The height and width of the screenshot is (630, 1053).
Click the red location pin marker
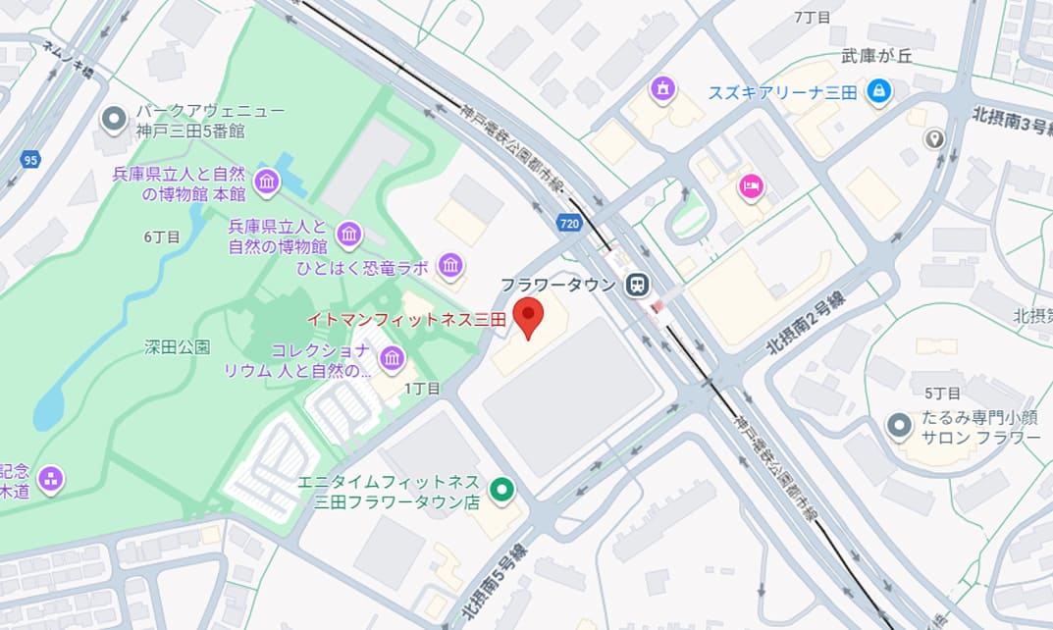point(529,316)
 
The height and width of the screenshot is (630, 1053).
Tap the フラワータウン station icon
point(637,285)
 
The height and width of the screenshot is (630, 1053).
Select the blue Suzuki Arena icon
point(878,92)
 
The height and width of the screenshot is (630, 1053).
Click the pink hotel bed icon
point(751,185)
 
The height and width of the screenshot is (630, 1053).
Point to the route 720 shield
point(569,224)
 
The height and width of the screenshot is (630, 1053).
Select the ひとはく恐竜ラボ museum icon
point(450,265)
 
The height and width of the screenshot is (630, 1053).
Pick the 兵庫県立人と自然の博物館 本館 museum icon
point(266,182)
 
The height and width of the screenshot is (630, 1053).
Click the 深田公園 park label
point(177,346)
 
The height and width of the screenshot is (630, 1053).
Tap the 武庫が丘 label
point(876,57)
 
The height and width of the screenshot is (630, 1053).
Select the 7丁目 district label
point(812,17)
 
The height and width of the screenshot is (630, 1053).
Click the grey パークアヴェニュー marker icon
point(115,120)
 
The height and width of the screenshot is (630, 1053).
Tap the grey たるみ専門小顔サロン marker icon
point(898,427)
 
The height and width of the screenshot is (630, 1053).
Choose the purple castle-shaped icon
point(663,90)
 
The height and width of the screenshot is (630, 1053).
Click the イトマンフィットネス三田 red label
point(405,320)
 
